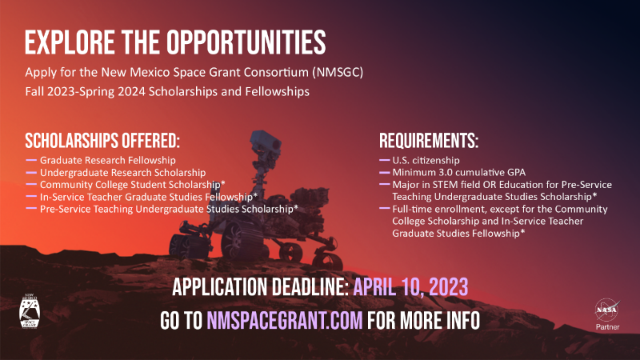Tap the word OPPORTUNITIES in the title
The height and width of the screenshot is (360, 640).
(x=246, y=42)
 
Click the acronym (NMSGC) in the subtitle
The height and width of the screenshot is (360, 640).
(x=338, y=72)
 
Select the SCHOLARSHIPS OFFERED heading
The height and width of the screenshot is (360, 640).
(x=102, y=141)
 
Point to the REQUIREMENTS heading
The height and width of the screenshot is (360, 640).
(x=429, y=141)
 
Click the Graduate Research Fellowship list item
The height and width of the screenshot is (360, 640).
(x=108, y=161)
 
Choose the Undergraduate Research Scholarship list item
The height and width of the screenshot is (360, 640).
(x=123, y=173)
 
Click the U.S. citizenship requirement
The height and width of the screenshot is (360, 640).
(x=426, y=161)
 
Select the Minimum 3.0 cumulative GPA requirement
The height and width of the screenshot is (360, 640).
(x=458, y=172)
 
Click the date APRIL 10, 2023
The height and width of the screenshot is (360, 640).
(x=410, y=287)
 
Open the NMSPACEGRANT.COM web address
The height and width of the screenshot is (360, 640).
(x=285, y=321)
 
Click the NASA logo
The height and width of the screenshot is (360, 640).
(x=607, y=310)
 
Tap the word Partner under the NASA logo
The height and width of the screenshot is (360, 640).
(x=607, y=327)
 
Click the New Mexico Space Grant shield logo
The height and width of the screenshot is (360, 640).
(x=30, y=311)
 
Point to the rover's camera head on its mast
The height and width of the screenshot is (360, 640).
(x=266, y=142)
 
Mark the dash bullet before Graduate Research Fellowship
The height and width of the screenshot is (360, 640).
(x=31, y=160)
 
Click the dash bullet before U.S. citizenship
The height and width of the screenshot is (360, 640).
(x=385, y=160)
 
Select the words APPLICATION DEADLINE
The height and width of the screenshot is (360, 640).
(x=261, y=287)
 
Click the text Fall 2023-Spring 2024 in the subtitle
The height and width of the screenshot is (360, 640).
(x=86, y=91)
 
